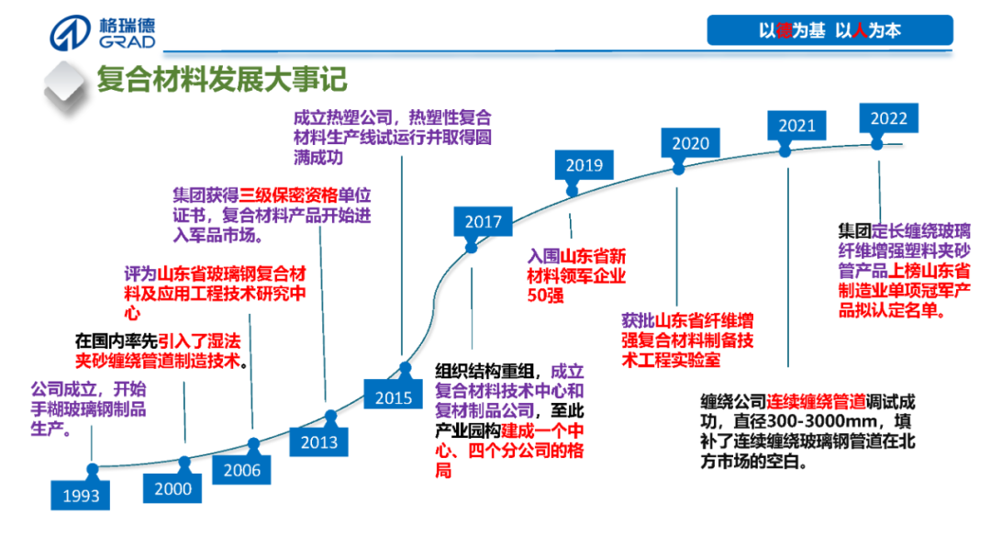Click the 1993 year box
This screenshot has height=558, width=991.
click(x=81, y=497)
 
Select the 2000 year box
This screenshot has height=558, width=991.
click(x=173, y=488)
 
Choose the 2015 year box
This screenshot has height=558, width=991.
click(x=393, y=397)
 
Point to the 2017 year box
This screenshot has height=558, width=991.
click(x=483, y=221)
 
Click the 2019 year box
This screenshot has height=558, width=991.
click(x=584, y=165)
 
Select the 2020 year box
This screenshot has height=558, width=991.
click(x=690, y=143)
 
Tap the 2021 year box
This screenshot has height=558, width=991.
click(x=796, y=126)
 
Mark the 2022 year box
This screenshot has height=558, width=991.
click(x=888, y=118)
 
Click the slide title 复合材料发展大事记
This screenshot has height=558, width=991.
click(x=222, y=79)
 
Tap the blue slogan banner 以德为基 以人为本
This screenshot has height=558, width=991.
click(x=830, y=30)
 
